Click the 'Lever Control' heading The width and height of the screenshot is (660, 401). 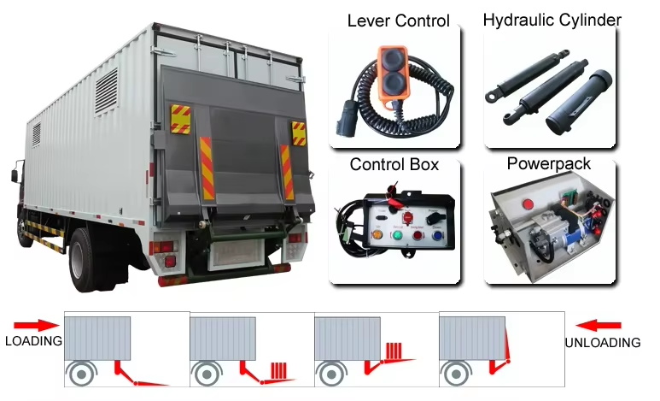coord(398,21)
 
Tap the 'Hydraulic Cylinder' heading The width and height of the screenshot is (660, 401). coord(552,20)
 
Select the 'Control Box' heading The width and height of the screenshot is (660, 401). coord(394,164)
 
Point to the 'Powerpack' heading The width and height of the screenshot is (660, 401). coord(548,163)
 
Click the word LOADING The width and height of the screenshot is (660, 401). coord(33,340)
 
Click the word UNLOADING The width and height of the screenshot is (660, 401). coord(603,342)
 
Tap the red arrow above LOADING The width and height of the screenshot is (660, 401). coord(37,326)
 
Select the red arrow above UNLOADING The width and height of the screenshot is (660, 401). coord(599,326)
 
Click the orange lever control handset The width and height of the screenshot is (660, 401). coord(393,74)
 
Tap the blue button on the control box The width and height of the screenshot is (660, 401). coord(437,235)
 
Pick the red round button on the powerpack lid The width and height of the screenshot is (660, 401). coord(527,204)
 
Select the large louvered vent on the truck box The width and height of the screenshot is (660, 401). coord(106,91)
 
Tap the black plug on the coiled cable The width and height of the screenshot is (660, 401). coord(343,123)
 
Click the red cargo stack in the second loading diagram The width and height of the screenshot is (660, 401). coord(278,371)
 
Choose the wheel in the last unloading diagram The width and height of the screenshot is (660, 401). coord(456,374)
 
